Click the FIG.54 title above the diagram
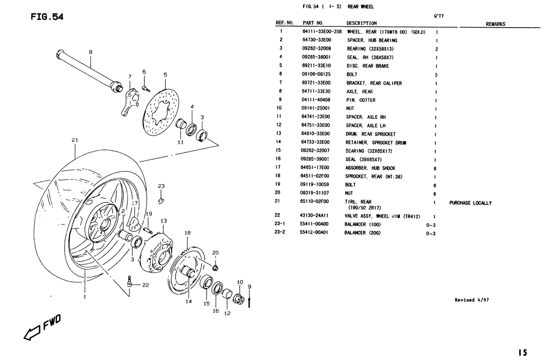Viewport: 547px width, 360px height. click(x=47, y=17)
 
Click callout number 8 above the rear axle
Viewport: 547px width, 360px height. click(x=90, y=52)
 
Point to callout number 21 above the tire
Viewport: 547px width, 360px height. click(x=75, y=140)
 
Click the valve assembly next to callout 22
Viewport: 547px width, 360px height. click(x=130, y=281)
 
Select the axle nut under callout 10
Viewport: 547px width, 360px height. click(x=239, y=297)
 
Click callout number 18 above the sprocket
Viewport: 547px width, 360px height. click(x=187, y=233)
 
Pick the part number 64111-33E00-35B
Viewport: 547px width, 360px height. click(x=321, y=32)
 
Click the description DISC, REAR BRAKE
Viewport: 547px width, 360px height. click(x=367, y=66)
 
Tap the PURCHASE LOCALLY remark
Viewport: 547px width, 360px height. click(x=470, y=203)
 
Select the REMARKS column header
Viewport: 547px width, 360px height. click(x=495, y=24)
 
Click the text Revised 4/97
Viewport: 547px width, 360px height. click(x=472, y=300)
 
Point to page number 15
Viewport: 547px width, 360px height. click(x=523, y=352)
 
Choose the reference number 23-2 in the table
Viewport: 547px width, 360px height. click(x=280, y=232)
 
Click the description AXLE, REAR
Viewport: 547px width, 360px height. click(x=359, y=92)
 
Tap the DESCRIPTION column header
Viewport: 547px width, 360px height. click(x=362, y=24)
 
